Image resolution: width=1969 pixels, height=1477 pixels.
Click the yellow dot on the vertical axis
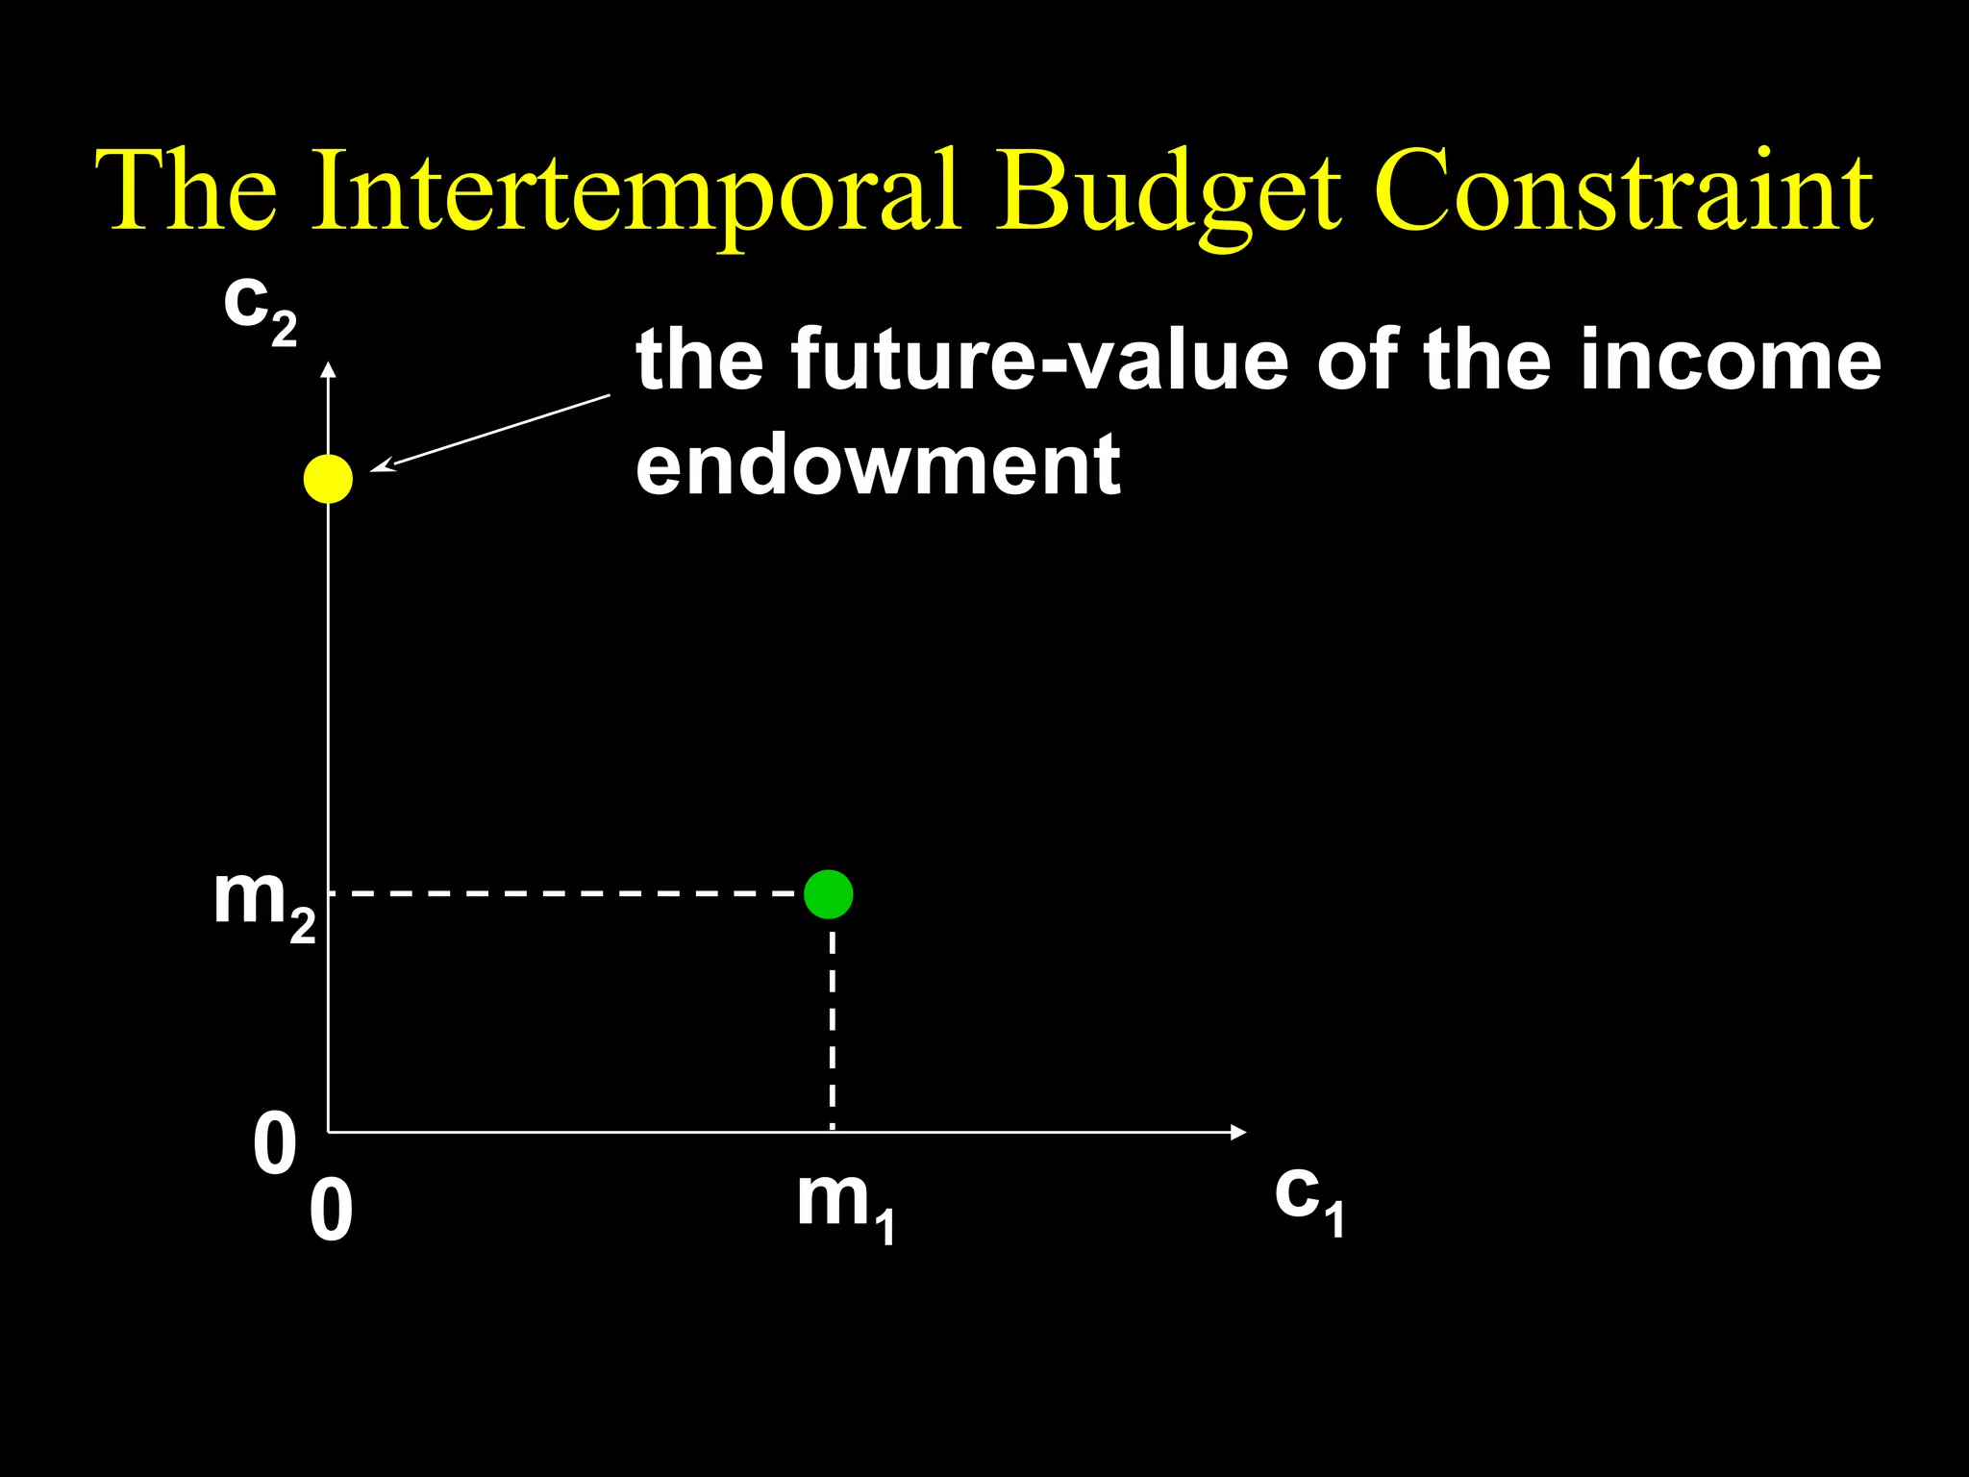tap(328, 478)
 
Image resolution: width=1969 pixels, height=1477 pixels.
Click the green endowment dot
tap(828, 894)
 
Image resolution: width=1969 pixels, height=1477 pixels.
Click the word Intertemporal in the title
tap(636, 191)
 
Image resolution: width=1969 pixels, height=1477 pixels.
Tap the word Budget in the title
tap(1166, 191)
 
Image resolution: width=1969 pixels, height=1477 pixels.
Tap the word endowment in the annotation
tap(878, 464)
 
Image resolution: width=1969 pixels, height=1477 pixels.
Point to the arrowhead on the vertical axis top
tap(328, 369)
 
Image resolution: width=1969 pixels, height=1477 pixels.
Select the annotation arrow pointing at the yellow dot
tap(490, 432)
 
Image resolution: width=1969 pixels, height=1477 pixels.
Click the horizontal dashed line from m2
tap(567, 894)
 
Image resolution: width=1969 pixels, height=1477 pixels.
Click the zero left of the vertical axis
tap(275, 1143)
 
